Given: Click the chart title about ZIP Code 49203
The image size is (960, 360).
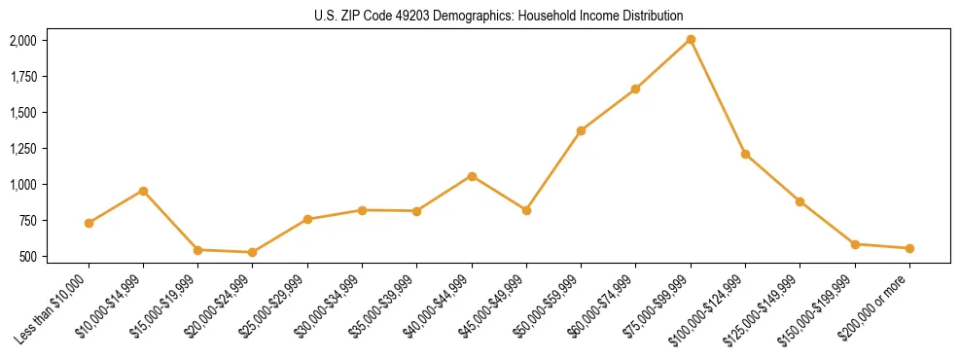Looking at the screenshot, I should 499,16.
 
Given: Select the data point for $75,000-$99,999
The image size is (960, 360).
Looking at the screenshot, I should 691,39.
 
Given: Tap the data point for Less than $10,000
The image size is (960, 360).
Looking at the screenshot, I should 89,223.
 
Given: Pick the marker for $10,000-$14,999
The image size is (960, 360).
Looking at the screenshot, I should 143,191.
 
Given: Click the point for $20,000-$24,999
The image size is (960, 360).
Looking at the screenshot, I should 253,252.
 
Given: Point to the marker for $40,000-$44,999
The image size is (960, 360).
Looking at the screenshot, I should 472,176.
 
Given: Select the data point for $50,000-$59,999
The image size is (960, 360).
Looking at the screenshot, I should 581,130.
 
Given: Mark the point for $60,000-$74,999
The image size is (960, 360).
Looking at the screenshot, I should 635,89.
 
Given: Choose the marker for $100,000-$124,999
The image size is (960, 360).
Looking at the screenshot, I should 745,154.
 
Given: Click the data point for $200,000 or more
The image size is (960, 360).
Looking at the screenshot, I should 909,248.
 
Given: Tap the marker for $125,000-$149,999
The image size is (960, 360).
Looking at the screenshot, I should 800,201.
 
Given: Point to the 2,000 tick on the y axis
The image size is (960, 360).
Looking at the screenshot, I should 22,41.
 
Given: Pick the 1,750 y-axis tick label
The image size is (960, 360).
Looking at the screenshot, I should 22,77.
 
